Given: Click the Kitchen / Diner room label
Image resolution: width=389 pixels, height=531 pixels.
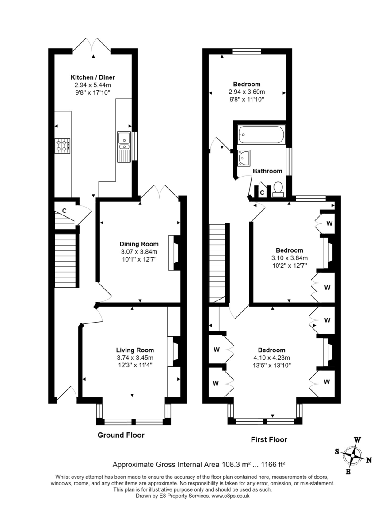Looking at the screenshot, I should pos(92,77).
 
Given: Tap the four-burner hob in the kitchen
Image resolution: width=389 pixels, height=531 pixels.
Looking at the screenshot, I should pos(63,146).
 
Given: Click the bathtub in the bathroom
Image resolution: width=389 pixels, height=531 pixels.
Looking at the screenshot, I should pos(261,135).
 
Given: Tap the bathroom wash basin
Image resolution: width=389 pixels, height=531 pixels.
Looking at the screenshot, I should pos(244,158).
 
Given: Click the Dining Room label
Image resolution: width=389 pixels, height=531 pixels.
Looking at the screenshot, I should pos(139,244).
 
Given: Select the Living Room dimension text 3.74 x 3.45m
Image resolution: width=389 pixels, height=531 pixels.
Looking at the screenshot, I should pos(134,358).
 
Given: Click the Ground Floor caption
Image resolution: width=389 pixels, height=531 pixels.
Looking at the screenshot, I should pos(121,435).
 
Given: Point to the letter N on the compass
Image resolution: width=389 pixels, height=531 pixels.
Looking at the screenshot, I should pos(368,460).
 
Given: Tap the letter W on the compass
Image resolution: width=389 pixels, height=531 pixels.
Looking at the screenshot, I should pos(357,440).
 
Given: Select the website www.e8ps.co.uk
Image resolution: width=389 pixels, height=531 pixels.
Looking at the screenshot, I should pos(230,496).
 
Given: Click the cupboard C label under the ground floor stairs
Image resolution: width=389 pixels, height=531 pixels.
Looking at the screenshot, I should pos(64,211).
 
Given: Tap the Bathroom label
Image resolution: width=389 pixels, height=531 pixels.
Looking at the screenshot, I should pos(267,171).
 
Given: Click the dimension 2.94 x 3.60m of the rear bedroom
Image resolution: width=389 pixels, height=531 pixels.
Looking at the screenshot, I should pos(247,92).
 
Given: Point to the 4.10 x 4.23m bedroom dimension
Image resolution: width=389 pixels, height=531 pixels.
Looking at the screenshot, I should pos(272,358).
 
